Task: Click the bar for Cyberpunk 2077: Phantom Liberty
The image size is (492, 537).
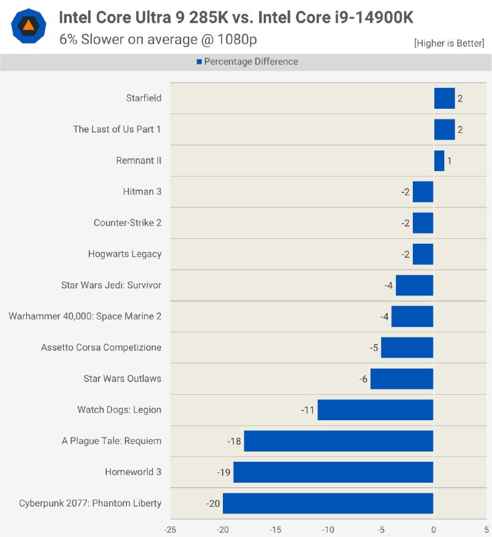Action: [328, 503]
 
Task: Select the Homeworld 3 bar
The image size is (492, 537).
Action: [333, 472]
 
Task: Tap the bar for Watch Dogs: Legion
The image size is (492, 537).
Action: [375, 409]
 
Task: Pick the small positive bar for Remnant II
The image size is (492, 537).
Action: [439, 160]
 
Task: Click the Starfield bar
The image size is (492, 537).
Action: [444, 98]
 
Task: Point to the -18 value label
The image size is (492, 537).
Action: [234, 441]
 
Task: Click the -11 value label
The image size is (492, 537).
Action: [308, 409]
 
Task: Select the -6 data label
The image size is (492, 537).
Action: [363, 379]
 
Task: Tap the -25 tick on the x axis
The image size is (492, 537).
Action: [170, 529]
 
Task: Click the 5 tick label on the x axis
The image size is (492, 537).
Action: [486, 529]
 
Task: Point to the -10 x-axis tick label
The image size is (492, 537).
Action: [328, 529]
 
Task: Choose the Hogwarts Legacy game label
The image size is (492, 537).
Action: [125, 254]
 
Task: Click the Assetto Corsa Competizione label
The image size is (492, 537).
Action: [101, 347]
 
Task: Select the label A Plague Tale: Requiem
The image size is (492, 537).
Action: [111, 441]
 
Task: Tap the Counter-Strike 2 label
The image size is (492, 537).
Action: [128, 223]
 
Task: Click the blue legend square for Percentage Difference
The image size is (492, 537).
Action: [199, 62]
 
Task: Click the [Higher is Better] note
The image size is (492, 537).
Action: [449, 43]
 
